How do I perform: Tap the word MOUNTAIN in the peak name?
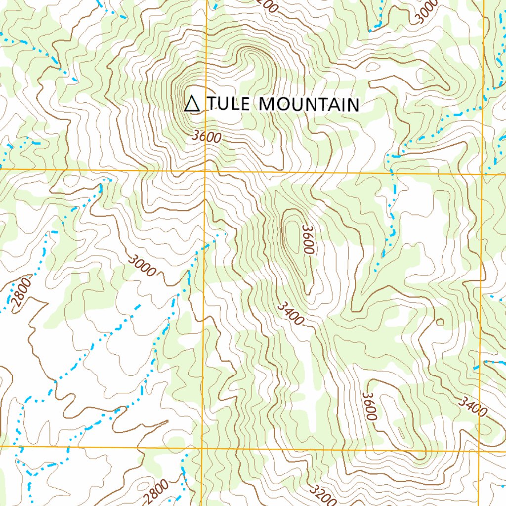coord(309,104)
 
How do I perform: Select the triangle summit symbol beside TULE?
coord(192,104)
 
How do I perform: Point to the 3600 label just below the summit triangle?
coord(206,136)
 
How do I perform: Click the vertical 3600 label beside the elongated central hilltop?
coord(308,240)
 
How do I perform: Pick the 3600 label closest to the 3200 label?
coord(370,406)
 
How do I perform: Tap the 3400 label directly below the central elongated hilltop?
coord(290,313)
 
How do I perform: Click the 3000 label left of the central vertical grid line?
coord(142,265)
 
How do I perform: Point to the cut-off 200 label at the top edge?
coord(266,5)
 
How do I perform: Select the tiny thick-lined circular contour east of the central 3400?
coord(440,323)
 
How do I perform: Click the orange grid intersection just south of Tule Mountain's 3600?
coord(205,171)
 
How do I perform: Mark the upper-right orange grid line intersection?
coord(483,174)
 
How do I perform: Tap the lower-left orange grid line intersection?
coord(202,448)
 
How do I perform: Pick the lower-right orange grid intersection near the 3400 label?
coord(480,451)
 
